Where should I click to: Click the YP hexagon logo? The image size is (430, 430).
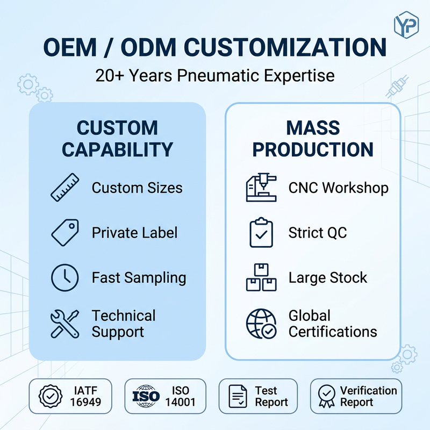pos(406,25)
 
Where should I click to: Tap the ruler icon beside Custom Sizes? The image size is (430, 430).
pos(65,188)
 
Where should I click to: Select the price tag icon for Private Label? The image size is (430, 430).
pos(65,232)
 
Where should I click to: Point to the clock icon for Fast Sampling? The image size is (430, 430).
pos(64,277)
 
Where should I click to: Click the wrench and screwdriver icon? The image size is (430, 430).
pos(64,324)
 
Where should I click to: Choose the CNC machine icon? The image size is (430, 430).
pos(261,188)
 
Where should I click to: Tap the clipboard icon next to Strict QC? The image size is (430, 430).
pos(261,233)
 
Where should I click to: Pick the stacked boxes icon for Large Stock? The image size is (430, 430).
pos(261,277)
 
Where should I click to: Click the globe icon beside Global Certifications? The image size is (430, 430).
pos(261,324)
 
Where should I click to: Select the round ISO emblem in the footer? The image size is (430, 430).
pos(146,396)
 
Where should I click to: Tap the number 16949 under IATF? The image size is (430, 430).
pos(85,402)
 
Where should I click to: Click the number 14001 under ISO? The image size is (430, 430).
pos(180,402)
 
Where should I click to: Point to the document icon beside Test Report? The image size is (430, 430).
pos(238,396)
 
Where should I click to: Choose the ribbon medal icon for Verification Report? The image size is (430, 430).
pos(327,396)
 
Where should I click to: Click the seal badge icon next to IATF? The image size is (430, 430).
pos(51,396)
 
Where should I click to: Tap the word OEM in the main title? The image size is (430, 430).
pos(70,47)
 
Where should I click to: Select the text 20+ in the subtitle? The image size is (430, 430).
pos(110,75)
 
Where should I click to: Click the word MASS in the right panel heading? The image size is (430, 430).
pos(313,128)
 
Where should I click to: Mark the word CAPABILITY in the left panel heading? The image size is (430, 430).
pos(117,149)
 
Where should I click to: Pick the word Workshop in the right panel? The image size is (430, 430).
pos(355,188)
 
